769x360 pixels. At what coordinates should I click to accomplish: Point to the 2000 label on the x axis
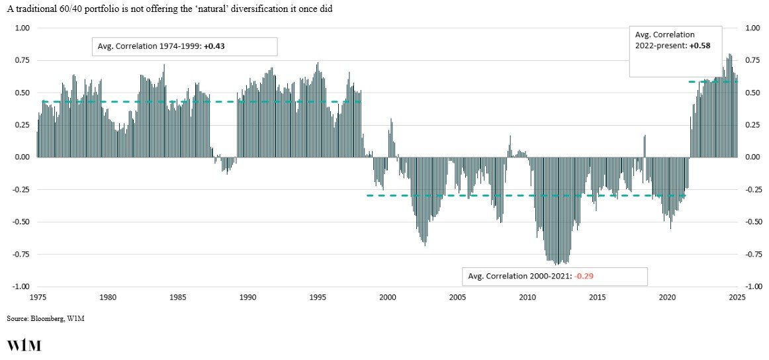387,297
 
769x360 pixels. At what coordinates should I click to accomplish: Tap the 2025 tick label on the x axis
737,297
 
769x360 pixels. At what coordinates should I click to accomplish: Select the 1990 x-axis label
247,297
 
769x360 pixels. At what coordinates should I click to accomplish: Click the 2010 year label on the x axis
527,297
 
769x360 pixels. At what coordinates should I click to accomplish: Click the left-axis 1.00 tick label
23,28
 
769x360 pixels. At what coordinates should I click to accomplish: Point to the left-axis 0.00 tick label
23,157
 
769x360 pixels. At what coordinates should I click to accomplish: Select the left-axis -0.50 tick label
21,222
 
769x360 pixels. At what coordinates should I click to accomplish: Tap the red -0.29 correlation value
588,275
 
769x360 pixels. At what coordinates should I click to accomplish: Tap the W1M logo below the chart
24,345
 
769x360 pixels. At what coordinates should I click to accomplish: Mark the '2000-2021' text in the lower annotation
553,275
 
